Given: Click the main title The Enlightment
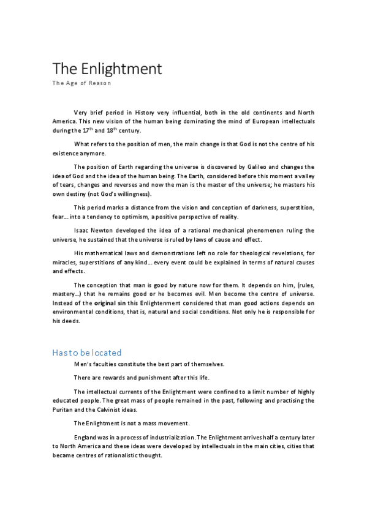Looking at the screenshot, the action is pos(107,69).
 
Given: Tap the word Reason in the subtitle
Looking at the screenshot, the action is pos(100,83).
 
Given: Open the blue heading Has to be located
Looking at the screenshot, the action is pos(87,353).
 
